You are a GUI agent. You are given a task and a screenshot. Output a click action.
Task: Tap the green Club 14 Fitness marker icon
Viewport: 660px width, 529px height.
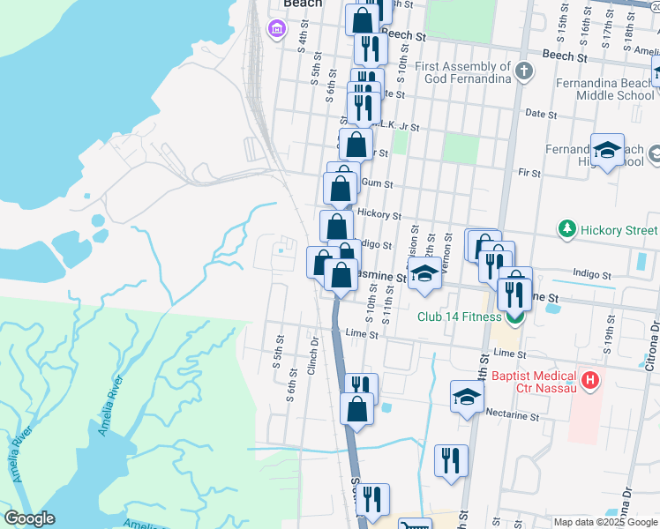(x=514, y=317)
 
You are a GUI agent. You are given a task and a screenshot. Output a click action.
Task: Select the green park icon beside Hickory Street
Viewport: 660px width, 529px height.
(x=566, y=230)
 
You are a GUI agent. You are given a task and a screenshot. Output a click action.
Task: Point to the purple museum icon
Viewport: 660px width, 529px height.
(x=277, y=30)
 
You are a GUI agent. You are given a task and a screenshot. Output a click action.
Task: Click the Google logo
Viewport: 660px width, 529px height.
(x=29, y=518)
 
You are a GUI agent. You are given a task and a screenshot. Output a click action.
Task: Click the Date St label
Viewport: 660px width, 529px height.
(x=540, y=115)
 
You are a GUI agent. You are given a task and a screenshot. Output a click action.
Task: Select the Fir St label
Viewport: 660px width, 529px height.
(x=529, y=174)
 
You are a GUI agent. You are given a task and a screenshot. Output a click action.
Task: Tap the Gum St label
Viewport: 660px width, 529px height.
(x=380, y=185)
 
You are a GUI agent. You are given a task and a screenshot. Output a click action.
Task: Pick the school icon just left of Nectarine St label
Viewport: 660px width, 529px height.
(x=467, y=397)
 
